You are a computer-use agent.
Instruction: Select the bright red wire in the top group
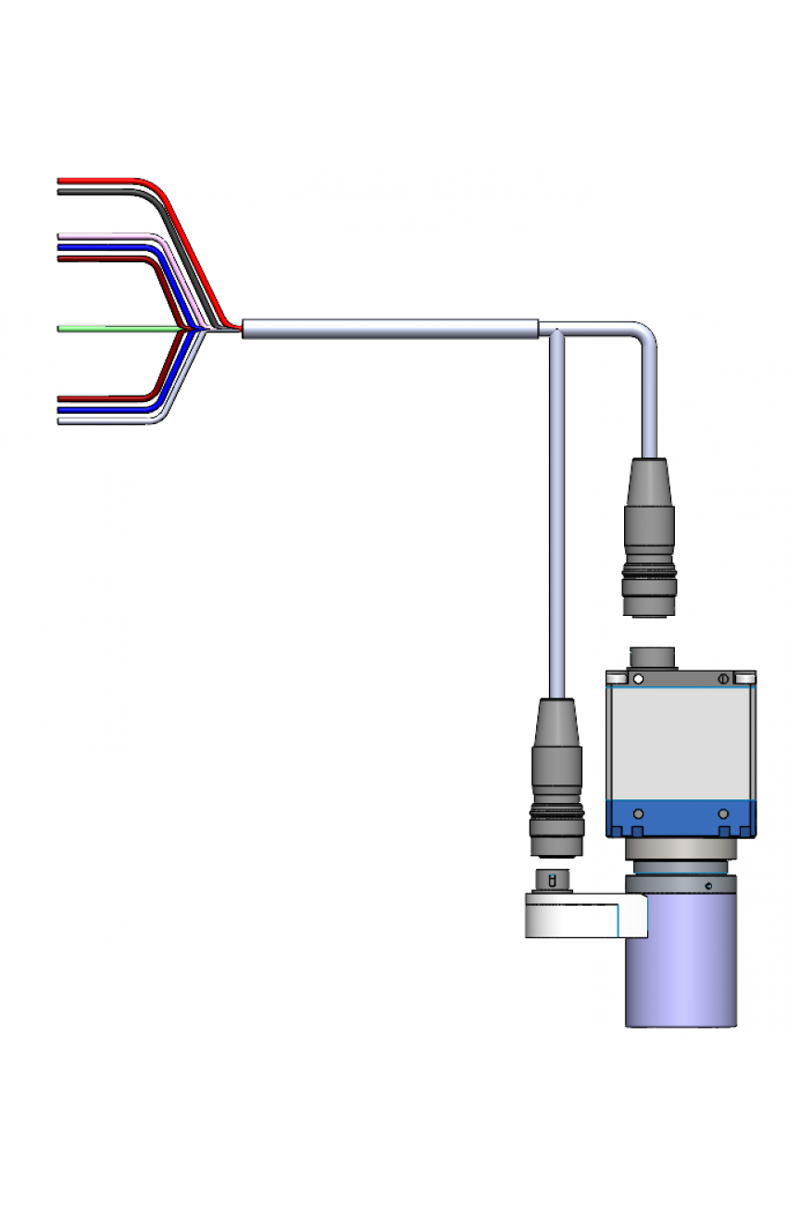93,180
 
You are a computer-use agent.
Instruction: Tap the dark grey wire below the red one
93,192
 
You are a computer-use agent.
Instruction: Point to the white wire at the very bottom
93,421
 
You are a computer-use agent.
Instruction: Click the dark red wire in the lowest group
93,398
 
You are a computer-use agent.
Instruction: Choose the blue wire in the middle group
93,247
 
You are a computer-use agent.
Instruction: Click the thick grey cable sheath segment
389,328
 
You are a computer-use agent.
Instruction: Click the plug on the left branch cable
556,778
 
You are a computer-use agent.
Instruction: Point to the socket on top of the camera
655,659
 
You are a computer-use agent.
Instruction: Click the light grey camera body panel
681,741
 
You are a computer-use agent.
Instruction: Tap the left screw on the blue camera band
637,813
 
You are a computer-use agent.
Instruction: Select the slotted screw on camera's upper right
723,679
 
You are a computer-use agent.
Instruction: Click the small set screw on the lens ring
708,887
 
